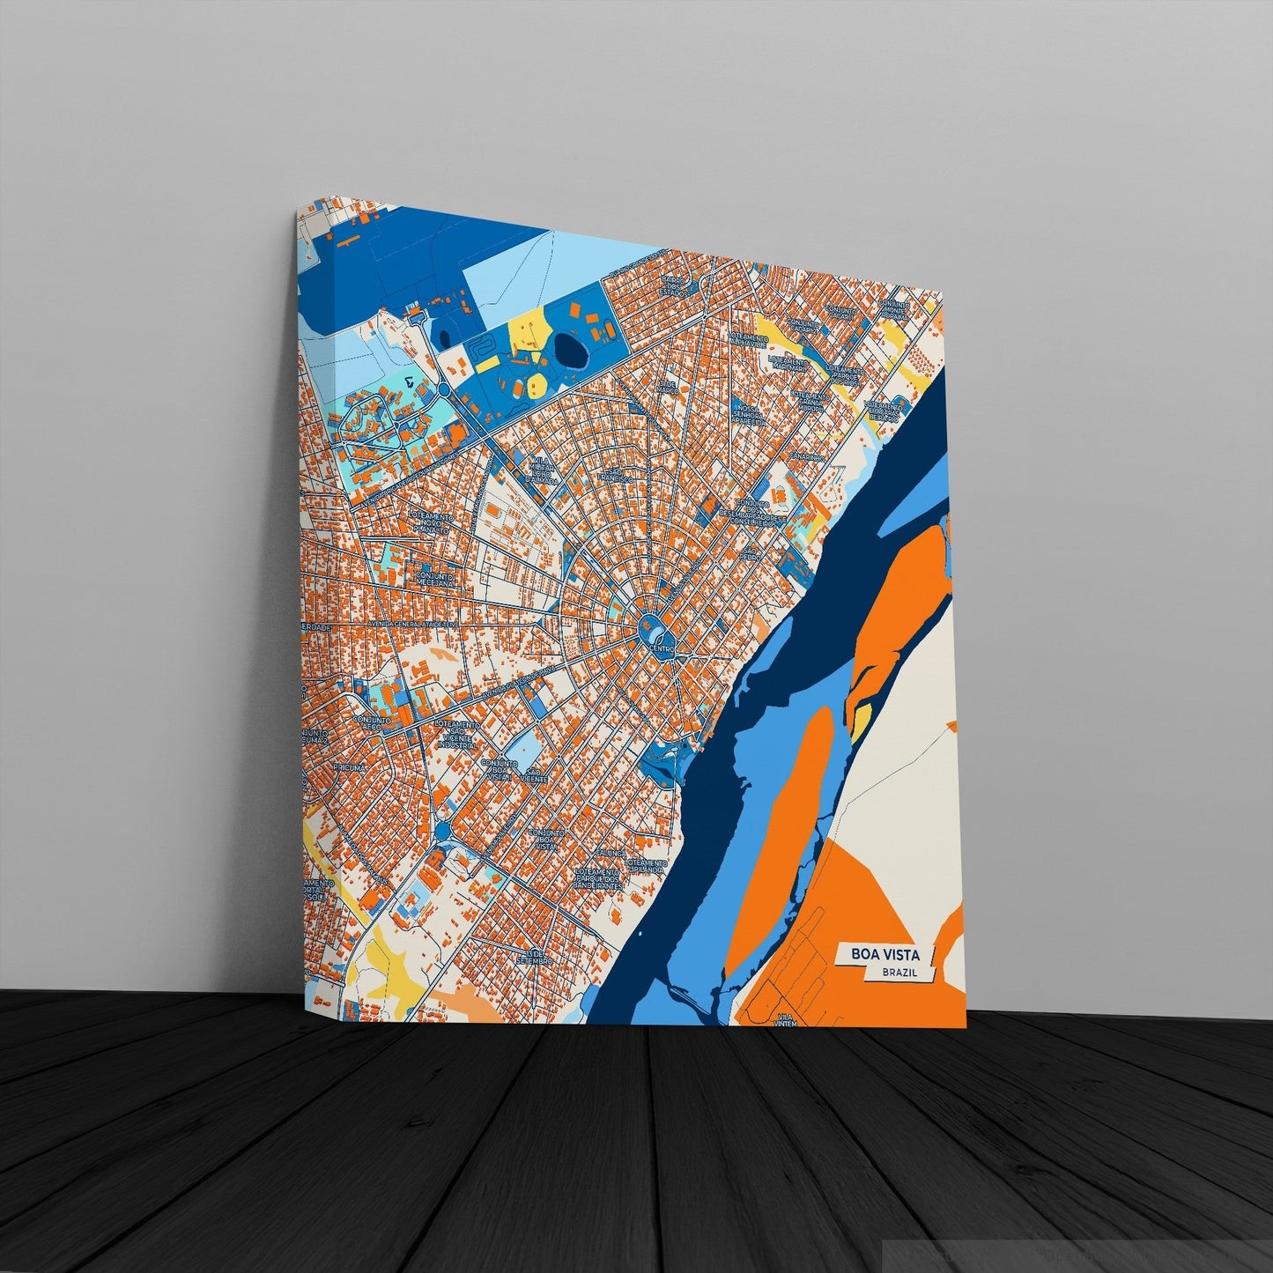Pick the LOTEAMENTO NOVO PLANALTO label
[429, 522]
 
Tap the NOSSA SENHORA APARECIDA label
[752, 412]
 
